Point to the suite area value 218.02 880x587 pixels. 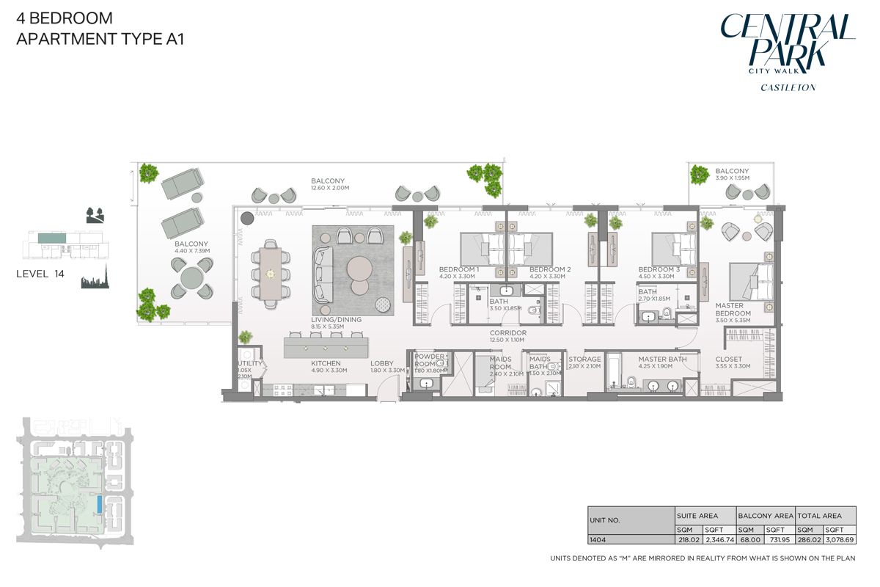click(x=689, y=539)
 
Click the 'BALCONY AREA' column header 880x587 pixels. click(x=765, y=516)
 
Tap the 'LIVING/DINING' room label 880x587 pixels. click(x=335, y=320)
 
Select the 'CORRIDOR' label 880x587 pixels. click(x=508, y=332)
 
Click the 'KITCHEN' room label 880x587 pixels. click(x=325, y=363)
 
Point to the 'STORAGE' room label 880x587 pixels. click(x=584, y=359)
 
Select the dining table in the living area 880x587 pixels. click(x=268, y=274)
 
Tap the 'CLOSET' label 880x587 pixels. click(x=728, y=359)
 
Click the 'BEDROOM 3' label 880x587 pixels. click(x=659, y=269)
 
